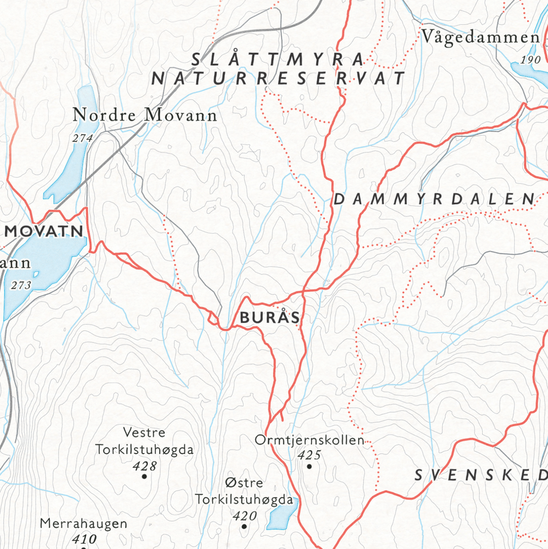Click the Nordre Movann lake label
coord(145,115)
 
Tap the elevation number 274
coord(82,138)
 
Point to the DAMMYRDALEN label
coord(435,199)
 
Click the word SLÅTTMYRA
coord(278,59)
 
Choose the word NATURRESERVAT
coord(279,79)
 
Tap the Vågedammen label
coord(480,37)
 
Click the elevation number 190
coord(531,59)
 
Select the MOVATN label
coord(44,231)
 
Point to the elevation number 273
coord(21,285)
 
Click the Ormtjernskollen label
coord(309,440)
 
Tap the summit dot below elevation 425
coord(309,466)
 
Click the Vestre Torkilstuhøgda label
coord(144,441)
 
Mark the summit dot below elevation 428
coord(144,476)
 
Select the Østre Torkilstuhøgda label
coord(244,491)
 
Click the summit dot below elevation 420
coord(244,526)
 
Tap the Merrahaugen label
coord(84,524)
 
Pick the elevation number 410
coord(84,538)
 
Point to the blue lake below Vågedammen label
coord(529,72)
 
